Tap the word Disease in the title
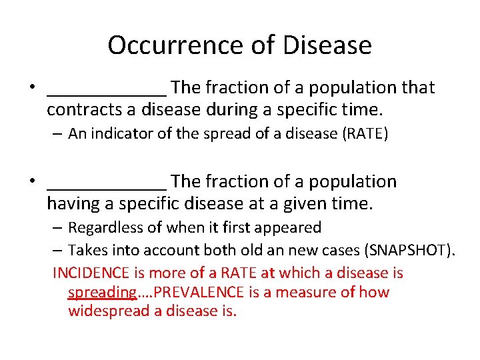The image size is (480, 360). tap(327, 45)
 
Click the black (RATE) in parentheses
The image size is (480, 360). tap(365, 134)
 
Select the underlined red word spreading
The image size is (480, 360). tap(102, 292)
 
